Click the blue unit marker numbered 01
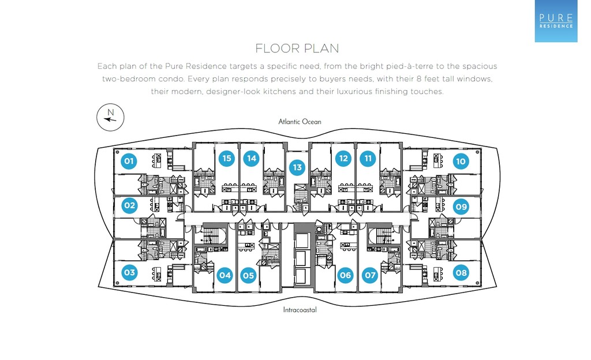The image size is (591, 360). click(x=129, y=161)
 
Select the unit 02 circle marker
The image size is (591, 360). click(x=129, y=205)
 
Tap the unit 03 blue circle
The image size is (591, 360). click(x=129, y=272)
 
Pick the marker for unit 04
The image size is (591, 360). click(x=225, y=276)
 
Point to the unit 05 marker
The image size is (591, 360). click(x=248, y=276)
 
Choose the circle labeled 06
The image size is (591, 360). click(x=345, y=276)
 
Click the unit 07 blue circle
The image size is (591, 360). click(x=369, y=276)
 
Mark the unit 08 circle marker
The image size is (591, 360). click(x=461, y=272)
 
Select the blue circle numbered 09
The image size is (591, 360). click(x=461, y=206)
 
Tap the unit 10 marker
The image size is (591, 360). click(x=460, y=162)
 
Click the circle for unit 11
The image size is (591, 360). click(x=367, y=158)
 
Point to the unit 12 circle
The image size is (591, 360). click(x=343, y=158)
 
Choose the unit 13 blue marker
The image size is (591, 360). click(x=297, y=168)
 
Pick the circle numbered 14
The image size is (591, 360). click(x=250, y=158)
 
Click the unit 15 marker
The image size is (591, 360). click(x=227, y=158)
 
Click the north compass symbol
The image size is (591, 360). click(x=110, y=118)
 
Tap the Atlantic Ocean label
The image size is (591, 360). click(x=300, y=122)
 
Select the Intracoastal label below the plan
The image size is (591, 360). click(x=300, y=310)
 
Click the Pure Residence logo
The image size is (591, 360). click(x=556, y=21)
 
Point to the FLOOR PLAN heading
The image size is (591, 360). click(x=297, y=48)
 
